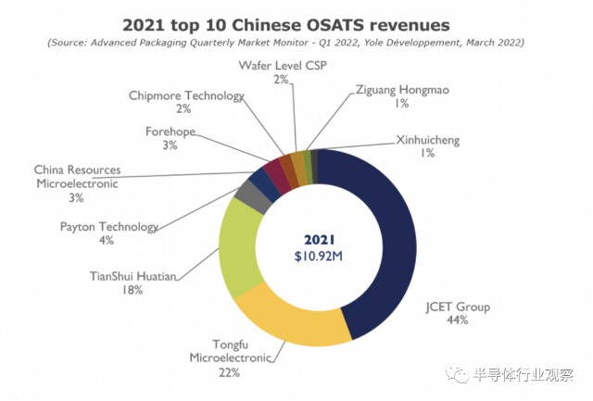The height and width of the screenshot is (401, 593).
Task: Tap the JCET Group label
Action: pos(457,307)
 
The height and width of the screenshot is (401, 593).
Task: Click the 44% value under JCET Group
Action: pos(457,320)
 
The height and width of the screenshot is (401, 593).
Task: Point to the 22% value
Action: pos(230,372)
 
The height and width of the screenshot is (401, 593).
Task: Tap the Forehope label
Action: pos(170,131)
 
